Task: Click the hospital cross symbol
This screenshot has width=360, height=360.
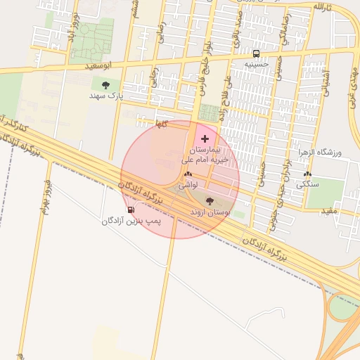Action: [x=205, y=139]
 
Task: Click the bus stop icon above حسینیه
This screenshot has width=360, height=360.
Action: [x=256, y=53]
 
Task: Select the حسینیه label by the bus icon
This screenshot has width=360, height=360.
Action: [x=257, y=64]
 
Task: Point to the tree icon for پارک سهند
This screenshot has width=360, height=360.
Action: [x=105, y=84]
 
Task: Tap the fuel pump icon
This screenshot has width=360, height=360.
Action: [x=130, y=210]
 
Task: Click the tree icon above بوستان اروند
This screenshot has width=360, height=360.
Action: [x=210, y=200]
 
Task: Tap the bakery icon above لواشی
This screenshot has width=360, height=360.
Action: [x=187, y=174]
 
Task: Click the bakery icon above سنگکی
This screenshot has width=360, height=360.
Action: [x=307, y=174]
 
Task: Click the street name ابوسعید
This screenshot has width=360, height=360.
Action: [x=98, y=65]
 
